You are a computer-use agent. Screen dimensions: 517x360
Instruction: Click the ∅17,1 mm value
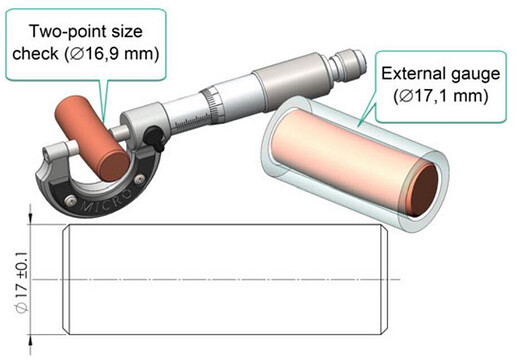tap(441, 96)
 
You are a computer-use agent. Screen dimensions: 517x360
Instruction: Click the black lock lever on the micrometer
tap(154, 138)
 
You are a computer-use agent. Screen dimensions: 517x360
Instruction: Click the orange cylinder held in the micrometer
tap(92, 138)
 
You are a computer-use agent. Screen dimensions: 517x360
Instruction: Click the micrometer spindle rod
tap(119, 133)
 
